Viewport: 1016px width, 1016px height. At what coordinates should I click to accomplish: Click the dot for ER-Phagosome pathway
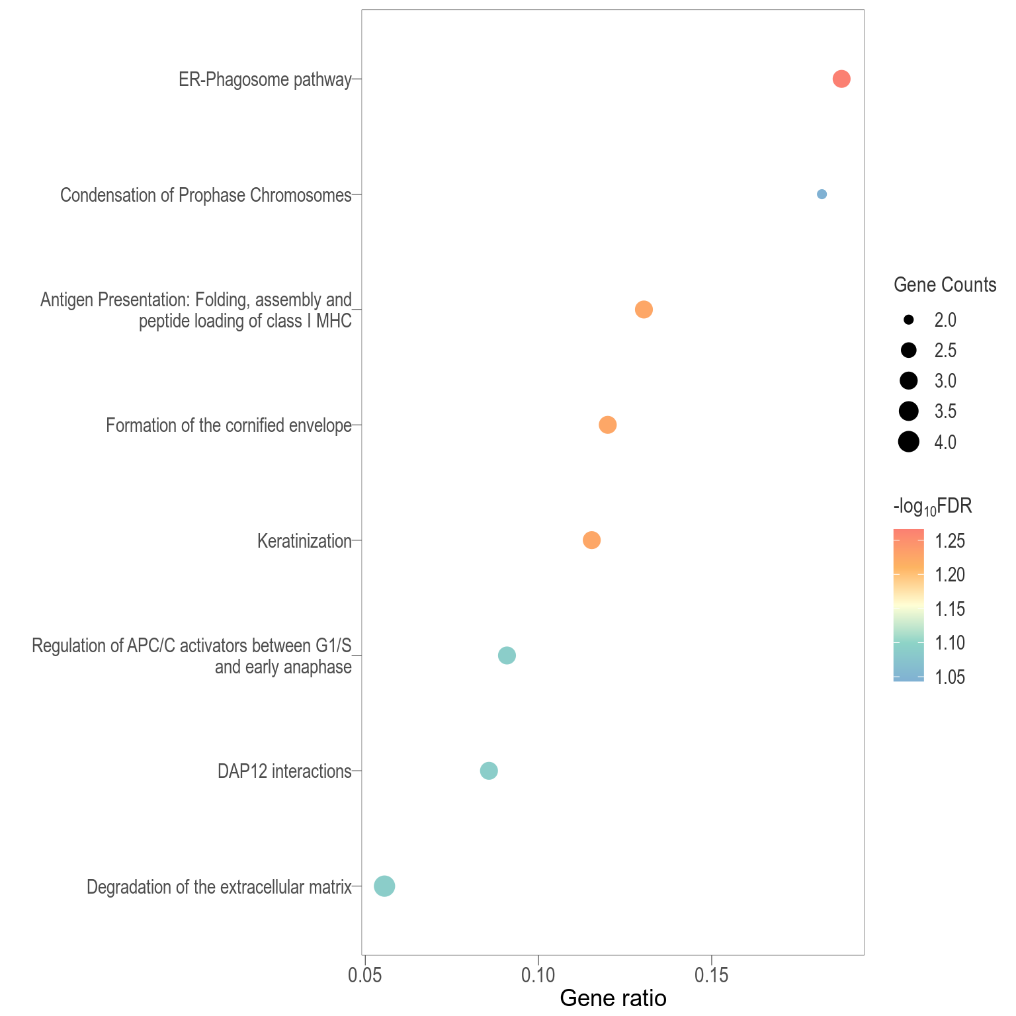pyautogui.click(x=841, y=79)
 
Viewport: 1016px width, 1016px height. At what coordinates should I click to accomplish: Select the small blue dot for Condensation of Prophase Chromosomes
pyautogui.click(x=822, y=194)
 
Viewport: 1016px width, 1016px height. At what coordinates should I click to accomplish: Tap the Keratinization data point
pyautogui.click(x=591, y=540)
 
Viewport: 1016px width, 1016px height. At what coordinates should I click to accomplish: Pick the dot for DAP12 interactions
pyautogui.click(x=488, y=771)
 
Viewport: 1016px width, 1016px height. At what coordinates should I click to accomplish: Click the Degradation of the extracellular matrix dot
pyautogui.click(x=384, y=886)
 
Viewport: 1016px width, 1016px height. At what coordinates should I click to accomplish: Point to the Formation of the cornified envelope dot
pyautogui.click(x=607, y=425)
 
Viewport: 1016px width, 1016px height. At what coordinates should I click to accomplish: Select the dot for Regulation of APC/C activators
pyautogui.click(x=507, y=656)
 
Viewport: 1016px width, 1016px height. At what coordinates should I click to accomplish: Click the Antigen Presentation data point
pyautogui.click(x=644, y=309)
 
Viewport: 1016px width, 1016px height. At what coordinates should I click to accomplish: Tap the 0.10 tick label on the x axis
pyautogui.click(x=538, y=975)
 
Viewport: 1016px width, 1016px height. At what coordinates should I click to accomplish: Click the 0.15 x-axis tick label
pyautogui.click(x=711, y=975)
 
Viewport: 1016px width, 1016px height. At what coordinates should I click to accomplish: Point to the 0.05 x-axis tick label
pyautogui.click(x=364, y=975)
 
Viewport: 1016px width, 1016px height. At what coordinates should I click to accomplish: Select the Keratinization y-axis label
pyautogui.click(x=304, y=541)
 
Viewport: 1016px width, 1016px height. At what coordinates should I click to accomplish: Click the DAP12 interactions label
pyautogui.click(x=284, y=771)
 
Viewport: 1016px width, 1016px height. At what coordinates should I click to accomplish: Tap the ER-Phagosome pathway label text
pyautogui.click(x=265, y=80)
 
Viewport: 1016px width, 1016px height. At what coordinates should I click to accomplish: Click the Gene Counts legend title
pyautogui.click(x=945, y=285)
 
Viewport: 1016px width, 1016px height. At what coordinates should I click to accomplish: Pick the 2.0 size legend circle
pyautogui.click(x=909, y=319)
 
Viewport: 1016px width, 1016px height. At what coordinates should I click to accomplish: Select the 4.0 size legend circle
pyautogui.click(x=909, y=441)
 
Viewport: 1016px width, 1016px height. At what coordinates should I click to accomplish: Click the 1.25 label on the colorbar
pyautogui.click(x=949, y=541)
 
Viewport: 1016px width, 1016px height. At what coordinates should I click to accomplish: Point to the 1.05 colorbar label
pyautogui.click(x=949, y=677)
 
